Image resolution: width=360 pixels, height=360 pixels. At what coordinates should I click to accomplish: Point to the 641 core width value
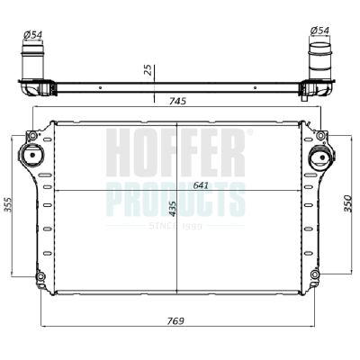click(205, 184)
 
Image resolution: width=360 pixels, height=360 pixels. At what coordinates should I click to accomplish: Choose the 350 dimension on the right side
click(349, 205)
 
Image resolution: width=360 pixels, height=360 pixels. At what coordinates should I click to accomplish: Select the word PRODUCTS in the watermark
click(175, 197)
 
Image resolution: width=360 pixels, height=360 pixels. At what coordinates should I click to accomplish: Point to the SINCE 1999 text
click(175, 226)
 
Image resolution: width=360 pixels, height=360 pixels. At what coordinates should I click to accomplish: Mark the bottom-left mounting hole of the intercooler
click(40, 275)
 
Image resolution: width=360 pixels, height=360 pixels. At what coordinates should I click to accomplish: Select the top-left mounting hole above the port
click(32, 137)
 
